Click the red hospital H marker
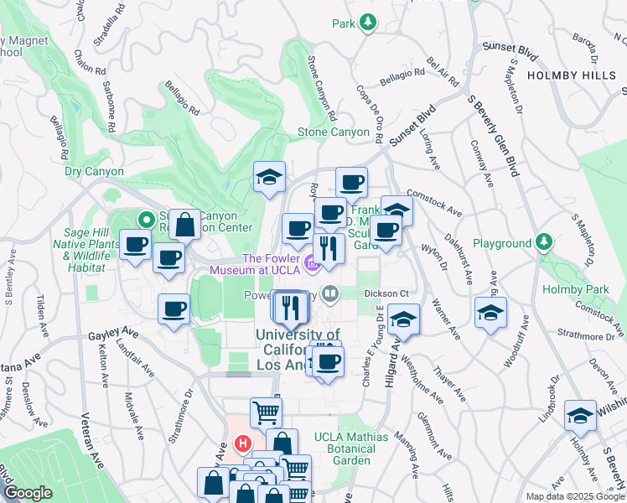(x=243, y=442)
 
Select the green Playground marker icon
(x=544, y=244)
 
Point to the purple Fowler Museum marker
(x=312, y=265)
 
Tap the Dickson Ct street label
(x=386, y=293)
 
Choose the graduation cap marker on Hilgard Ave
(x=403, y=321)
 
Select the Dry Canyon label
(x=94, y=172)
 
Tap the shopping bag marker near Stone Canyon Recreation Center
(x=184, y=225)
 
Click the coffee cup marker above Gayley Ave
(x=174, y=309)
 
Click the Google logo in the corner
(x=28, y=493)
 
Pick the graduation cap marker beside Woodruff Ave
(x=490, y=314)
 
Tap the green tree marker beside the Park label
(x=367, y=23)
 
